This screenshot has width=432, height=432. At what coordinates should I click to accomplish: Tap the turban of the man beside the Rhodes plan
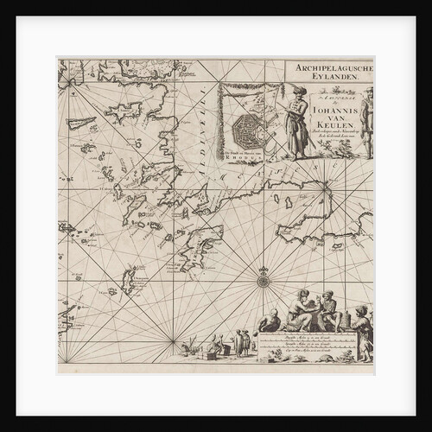299,90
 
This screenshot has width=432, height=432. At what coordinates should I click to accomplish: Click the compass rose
263,280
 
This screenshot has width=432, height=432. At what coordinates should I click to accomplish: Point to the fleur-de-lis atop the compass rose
263,269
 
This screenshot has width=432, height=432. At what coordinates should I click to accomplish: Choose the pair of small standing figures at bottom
241,343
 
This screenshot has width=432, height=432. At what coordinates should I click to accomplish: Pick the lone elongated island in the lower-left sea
126,279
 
